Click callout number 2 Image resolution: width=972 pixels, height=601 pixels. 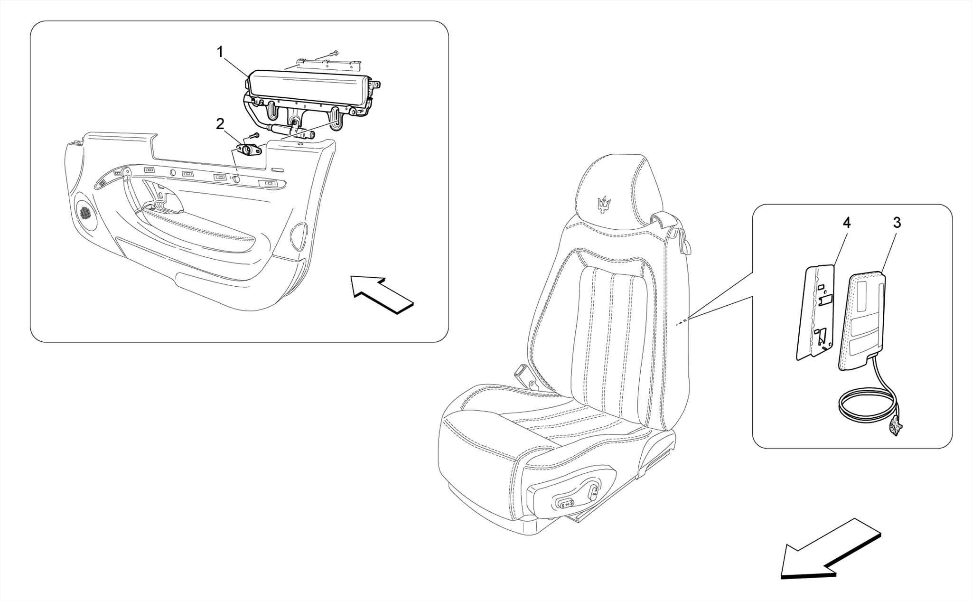tap(220, 124)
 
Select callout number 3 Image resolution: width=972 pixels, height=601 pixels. tap(897, 223)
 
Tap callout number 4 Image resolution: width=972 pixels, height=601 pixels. tap(846, 223)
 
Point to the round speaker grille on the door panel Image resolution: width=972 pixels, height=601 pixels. tap(85, 210)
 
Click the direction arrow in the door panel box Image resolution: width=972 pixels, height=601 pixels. tap(381, 295)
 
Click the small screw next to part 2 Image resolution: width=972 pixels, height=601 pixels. tap(254, 135)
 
